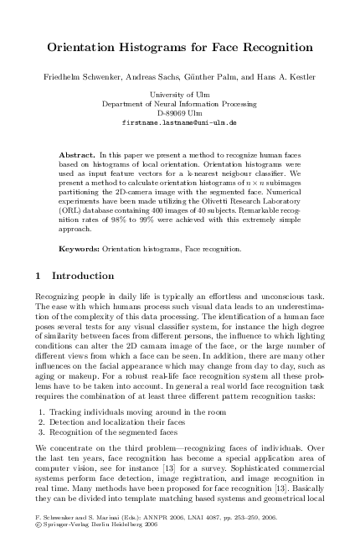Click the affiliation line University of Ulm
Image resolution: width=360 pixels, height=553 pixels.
click(179, 95)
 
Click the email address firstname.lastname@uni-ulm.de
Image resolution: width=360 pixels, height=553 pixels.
click(179, 121)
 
